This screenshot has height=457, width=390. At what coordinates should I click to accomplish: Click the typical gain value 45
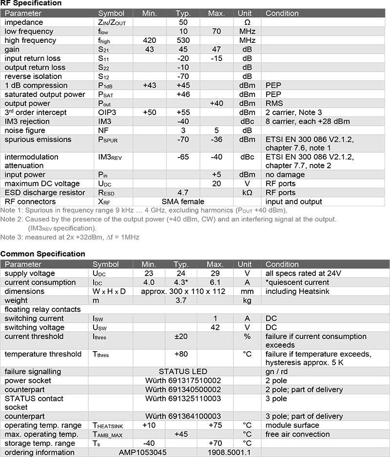tap(183, 49)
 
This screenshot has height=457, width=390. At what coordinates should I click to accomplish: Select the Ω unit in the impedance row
tap(247, 22)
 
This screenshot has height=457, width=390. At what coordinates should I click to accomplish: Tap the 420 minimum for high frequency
tap(150, 40)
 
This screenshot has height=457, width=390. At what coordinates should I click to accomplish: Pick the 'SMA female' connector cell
tap(183, 201)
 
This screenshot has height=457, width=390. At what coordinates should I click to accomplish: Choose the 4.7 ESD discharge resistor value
tap(183, 193)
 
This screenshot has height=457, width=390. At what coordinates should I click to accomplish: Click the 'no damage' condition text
tap(285, 175)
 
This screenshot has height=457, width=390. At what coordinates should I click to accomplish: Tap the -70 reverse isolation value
tap(183, 76)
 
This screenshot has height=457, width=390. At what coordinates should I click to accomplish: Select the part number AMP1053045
tap(143, 452)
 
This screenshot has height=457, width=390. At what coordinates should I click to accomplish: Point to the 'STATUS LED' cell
tap(183, 372)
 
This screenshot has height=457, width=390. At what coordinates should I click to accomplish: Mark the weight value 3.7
tap(183, 300)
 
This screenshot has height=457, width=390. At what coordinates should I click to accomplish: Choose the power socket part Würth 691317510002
tap(183, 380)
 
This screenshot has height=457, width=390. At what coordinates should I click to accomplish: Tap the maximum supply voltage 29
tap(215, 274)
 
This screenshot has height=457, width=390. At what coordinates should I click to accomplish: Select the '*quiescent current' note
tap(297, 282)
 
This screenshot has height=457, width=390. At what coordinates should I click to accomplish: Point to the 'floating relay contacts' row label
tap(42, 309)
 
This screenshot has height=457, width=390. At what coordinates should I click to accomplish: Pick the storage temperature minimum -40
tap(150, 443)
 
